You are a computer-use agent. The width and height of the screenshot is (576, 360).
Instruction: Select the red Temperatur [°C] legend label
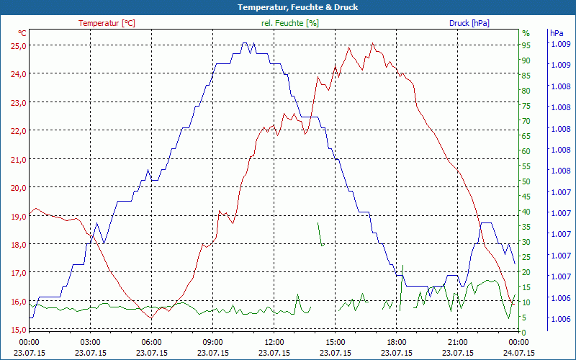pyautogui.click(x=107, y=23)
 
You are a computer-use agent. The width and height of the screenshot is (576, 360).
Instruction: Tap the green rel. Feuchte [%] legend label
pyautogui.click(x=289, y=23)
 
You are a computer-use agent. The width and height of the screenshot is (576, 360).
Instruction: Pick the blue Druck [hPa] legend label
pyautogui.click(x=469, y=23)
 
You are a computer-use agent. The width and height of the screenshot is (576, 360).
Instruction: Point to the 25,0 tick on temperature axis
pyautogui.click(x=17, y=45)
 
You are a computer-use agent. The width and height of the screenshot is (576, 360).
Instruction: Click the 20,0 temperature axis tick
pyautogui.click(x=17, y=187)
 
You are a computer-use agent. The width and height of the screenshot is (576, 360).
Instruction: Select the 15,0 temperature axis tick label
pyautogui.click(x=17, y=329)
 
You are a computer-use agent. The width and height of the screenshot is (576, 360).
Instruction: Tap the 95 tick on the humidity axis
pyautogui.click(x=526, y=45)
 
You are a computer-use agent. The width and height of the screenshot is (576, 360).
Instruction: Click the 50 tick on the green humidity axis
pyautogui.click(x=526, y=181)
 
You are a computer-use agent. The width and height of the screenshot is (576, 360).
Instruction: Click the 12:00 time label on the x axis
pyautogui.click(x=274, y=342)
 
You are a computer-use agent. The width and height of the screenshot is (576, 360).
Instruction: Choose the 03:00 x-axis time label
pyautogui.click(x=90, y=342)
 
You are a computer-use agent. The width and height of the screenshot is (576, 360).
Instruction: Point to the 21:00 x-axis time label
pyautogui.click(x=458, y=342)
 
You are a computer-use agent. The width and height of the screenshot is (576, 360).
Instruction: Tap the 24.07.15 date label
pyautogui.click(x=519, y=353)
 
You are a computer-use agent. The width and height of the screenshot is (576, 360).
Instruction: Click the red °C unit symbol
pyautogui.click(x=22, y=33)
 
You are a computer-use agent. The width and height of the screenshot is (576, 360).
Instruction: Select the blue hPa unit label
pyautogui.click(x=557, y=33)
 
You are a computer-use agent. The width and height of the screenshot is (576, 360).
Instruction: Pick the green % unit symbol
pyautogui.click(x=526, y=33)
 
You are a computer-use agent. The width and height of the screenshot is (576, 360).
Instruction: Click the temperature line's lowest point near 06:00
pyautogui.click(x=151, y=317)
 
